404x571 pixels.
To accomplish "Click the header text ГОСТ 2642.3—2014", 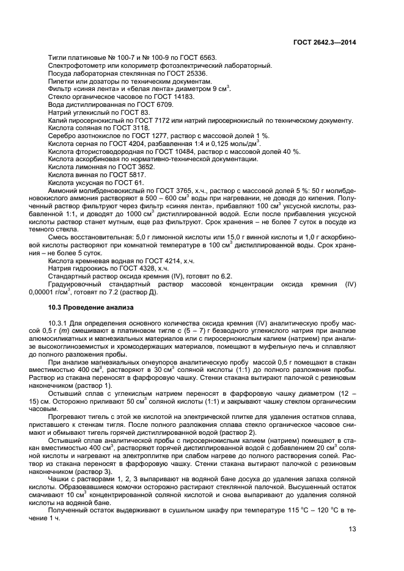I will (x=325, y=42).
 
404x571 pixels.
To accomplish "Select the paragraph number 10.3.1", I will (x=59, y=322).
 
